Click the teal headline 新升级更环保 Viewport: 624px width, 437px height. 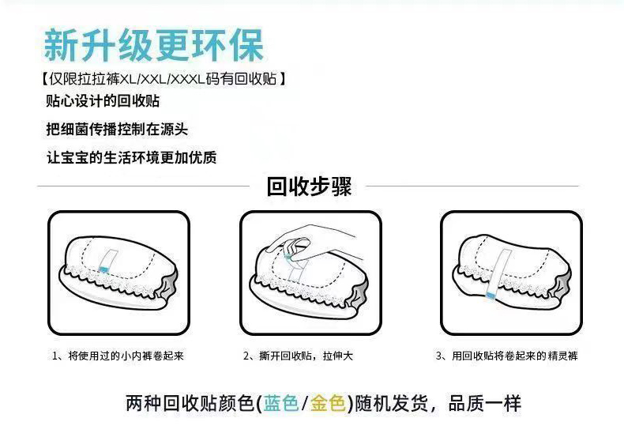point(153,44)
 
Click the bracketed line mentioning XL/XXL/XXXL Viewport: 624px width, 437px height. point(164,79)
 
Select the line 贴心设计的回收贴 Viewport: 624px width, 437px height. point(103,100)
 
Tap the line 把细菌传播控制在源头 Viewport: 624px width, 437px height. point(117,129)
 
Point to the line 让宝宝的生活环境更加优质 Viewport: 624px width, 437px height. point(131,157)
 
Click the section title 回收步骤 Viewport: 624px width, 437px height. point(309,186)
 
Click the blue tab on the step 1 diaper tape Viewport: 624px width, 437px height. point(103,269)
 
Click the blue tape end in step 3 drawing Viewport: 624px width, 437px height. point(491,295)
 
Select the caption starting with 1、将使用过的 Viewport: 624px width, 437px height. point(118,356)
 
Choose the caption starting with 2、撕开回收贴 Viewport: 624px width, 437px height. point(298,356)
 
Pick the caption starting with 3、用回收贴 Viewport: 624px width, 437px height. point(506,356)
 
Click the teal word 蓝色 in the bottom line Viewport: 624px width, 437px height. point(281,403)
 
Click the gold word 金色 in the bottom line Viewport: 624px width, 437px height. point(328,403)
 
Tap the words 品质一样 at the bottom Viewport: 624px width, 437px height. point(485,403)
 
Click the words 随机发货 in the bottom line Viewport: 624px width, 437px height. point(391,403)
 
